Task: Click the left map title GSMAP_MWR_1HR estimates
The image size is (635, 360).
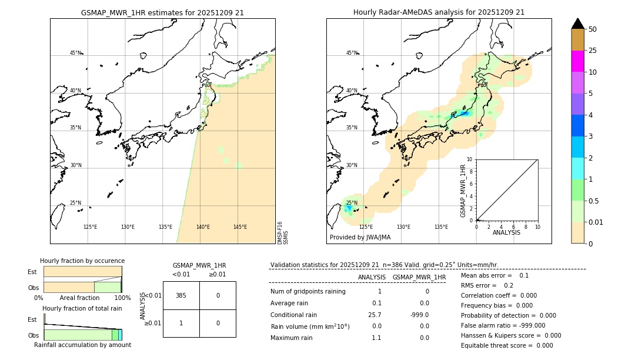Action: (x=162, y=12)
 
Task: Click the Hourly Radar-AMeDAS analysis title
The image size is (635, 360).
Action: (x=439, y=12)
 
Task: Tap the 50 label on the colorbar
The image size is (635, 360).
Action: (x=593, y=29)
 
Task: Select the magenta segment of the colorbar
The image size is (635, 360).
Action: (x=577, y=61)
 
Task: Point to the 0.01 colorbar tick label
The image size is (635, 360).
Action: (x=597, y=222)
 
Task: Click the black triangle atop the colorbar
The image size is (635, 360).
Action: (x=577, y=24)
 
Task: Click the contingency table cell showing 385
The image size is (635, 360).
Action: (x=181, y=295)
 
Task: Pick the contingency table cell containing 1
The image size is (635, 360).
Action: (x=181, y=323)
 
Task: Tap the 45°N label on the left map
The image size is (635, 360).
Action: (x=76, y=53)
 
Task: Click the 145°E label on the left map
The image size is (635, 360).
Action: (x=240, y=227)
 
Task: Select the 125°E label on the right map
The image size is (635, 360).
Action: (x=366, y=227)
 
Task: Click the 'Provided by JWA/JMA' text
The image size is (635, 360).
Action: (x=360, y=238)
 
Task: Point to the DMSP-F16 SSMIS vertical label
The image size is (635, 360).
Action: (x=282, y=232)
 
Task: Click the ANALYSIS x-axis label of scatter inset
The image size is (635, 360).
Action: (x=506, y=232)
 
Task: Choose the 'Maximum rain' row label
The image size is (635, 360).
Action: (x=292, y=338)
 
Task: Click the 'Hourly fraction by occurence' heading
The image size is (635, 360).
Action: (x=82, y=261)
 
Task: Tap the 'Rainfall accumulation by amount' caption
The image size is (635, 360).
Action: (x=82, y=345)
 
